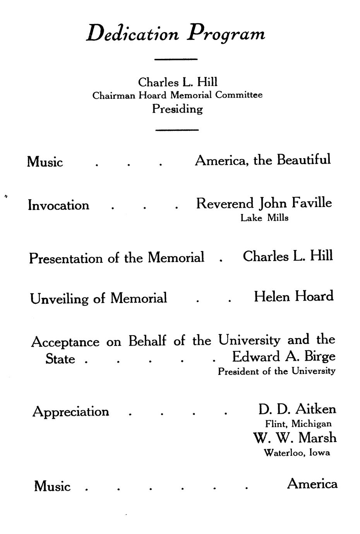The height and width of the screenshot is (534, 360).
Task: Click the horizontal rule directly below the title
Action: (176, 59)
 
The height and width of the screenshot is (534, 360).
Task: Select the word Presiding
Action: (177, 109)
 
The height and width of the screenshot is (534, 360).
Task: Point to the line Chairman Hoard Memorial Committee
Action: (177, 95)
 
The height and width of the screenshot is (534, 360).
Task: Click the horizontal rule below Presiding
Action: (177, 130)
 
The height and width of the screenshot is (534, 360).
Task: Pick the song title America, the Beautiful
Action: (263, 160)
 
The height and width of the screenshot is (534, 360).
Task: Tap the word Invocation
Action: (58, 205)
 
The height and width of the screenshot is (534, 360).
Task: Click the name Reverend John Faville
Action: (264, 203)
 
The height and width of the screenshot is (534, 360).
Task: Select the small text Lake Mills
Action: (264, 218)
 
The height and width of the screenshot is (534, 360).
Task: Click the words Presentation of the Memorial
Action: (117, 258)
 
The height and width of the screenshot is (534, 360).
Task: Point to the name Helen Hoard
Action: (293, 297)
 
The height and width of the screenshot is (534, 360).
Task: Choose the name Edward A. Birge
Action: (284, 356)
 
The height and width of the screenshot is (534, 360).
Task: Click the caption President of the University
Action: (276, 371)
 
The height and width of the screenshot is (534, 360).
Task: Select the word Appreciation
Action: (71, 412)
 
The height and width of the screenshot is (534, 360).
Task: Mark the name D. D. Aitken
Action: (297, 409)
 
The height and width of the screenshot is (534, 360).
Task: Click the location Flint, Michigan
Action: (298, 424)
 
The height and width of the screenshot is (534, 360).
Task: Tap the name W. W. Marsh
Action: (295, 438)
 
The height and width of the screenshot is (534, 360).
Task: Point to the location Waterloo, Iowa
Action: (297, 452)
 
